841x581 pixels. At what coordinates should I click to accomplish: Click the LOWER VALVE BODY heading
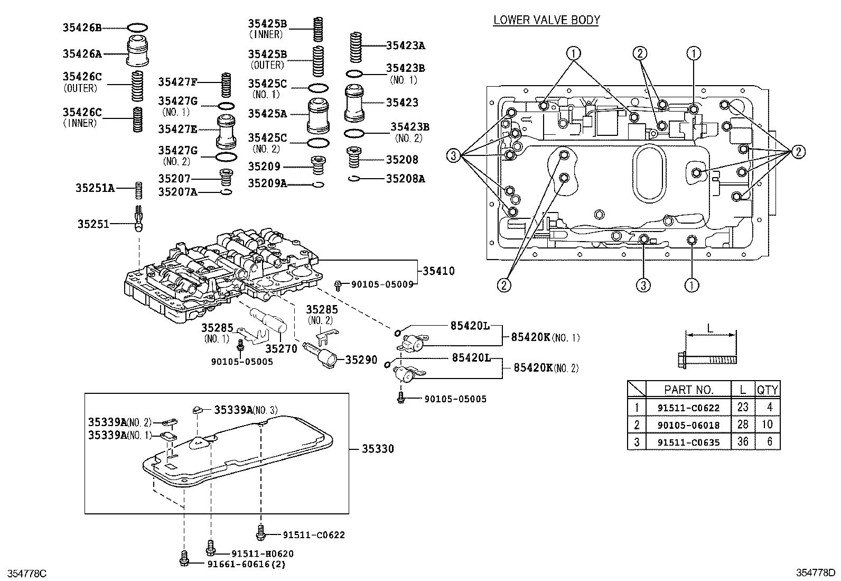point(546,20)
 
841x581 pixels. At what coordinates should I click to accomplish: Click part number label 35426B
point(82,28)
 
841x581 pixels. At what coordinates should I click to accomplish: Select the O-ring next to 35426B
point(137,27)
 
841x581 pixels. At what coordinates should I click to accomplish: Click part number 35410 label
point(438,271)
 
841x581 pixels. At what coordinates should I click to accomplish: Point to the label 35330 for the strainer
point(378,449)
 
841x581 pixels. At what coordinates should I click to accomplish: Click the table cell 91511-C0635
point(688,442)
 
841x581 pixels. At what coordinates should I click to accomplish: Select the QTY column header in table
point(767,390)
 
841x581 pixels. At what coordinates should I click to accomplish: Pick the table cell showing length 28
point(742,425)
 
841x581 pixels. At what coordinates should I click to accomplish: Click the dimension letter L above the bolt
point(710,328)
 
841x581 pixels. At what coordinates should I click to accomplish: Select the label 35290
point(361,360)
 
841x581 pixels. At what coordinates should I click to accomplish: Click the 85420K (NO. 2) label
point(546,368)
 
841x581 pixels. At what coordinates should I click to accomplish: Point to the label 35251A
point(95,188)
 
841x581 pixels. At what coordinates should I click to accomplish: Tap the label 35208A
point(405,179)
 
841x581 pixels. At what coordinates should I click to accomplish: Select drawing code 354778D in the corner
point(817,573)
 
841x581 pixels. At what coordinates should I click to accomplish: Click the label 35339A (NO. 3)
point(245,410)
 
